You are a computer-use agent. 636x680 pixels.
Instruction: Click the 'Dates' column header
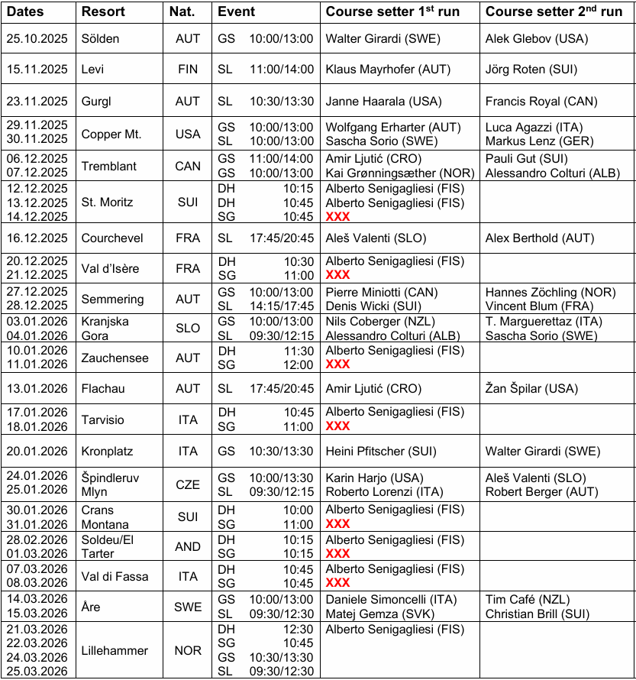click(25, 12)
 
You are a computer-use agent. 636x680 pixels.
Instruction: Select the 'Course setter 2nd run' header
click(554, 12)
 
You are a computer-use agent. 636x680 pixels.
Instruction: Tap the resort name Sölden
click(100, 38)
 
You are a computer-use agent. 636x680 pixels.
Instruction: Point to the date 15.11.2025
click(37, 69)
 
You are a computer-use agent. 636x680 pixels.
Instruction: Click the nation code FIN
click(187, 69)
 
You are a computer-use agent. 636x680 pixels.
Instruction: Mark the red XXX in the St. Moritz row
click(337, 217)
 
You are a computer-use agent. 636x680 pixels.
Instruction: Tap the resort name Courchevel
click(112, 238)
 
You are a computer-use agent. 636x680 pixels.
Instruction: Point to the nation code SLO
click(187, 329)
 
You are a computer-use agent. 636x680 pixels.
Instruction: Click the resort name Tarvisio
click(102, 419)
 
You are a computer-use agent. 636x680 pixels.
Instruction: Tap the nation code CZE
click(187, 484)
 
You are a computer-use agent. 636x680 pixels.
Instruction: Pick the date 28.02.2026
click(37, 539)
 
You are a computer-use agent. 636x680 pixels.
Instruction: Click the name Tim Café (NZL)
click(528, 600)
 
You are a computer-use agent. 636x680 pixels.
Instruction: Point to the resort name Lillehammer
click(115, 650)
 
